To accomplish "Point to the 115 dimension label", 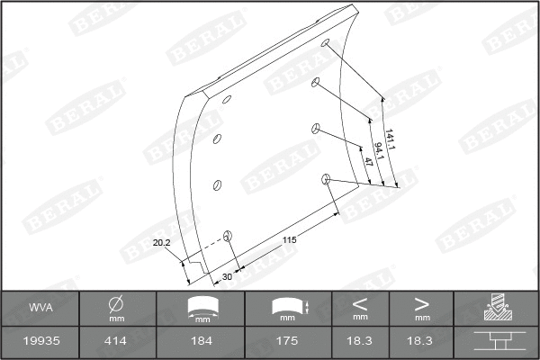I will point(289,239).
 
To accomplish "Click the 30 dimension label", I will point(227,276).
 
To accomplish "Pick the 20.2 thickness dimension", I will point(162,242).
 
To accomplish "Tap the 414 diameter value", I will point(116,341).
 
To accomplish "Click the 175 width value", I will point(287,341).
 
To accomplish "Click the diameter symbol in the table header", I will point(116,303).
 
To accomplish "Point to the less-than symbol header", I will point(360,302).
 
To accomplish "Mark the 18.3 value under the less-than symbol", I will point(360,341).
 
